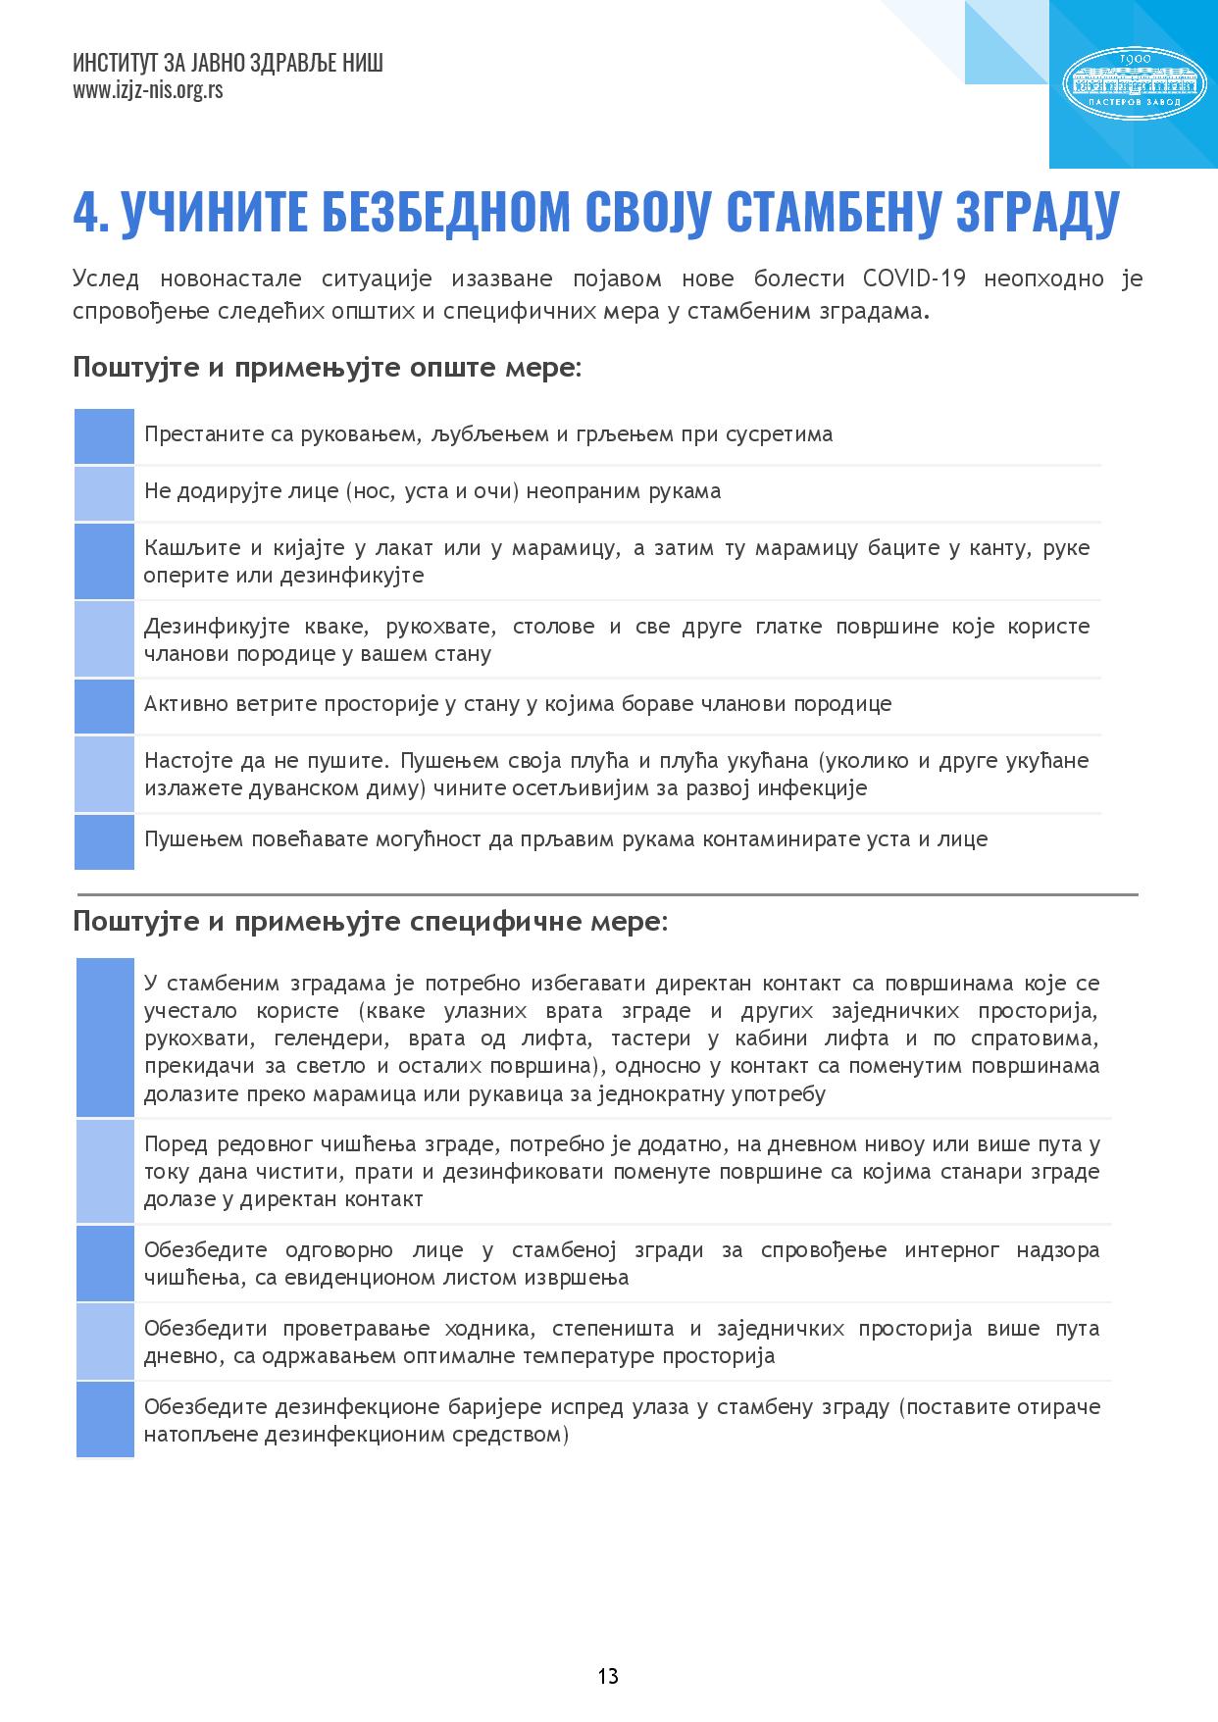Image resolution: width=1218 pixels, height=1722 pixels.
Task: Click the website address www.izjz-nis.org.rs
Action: pyautogui.click(x=147, y=91)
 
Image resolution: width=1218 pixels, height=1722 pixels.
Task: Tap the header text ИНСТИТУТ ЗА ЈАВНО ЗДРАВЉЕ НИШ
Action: pyautogui.click(x=228, y=64)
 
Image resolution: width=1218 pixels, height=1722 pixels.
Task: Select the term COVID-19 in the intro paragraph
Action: pyautogui.click(x=914, y=279)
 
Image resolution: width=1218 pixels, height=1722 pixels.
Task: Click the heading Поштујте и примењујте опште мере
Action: pyautogui.click(x=327, y=369)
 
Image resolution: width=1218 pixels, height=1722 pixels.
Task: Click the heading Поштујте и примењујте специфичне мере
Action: pyautogui.click(x=370, y=922)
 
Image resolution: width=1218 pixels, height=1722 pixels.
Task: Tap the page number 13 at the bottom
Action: pyautogui.click(x=608, y=1675)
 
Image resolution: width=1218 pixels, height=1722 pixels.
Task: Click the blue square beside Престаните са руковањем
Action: pyautogui.click(x=104, y=435)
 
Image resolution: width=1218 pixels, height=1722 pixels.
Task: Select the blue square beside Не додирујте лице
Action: pyautogui.click(x=104, y=492)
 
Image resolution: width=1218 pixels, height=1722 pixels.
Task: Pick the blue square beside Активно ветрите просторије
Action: pyautogui.click(x=104, y=705)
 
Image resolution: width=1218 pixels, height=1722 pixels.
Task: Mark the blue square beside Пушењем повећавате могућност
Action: pyautogui.click(x=104, y=841)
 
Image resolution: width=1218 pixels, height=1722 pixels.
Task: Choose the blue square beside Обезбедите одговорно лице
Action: pyautogui.click(x=105, y=1263)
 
